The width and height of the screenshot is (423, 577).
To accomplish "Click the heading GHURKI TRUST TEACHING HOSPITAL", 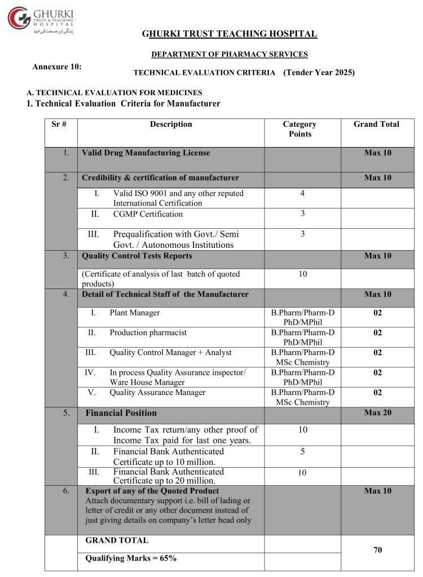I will pyautogui.click(x=230, y=34).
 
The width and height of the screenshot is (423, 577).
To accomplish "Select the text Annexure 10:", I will pyautogui.click(x=57, y=66).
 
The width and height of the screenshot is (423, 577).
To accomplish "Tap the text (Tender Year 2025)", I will pyautogui.click(x=319, y=72).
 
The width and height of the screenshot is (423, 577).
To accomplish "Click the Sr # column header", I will pyautogui.click(x=60, y=125).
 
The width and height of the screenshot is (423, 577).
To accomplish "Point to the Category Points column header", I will pyautogui.click(x=299, y=129).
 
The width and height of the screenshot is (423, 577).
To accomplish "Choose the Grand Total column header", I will pyautogui.click(x=376, y=125).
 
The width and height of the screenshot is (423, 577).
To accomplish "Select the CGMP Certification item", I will pyautogui.click(x=148, y=214).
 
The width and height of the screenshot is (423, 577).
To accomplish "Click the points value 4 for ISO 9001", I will pyautogui.click(x=302, y=193).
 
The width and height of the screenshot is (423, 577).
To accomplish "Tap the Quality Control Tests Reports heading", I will pyautogui.click(x=137, y=256).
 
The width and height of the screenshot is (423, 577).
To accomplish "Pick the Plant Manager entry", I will pyautogui.click(x=135, y=313).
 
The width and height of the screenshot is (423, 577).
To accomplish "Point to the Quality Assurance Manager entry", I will pyautogui.click(x=157, y=392).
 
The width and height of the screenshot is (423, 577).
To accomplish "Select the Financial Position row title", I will pyautogui.click(x=121, y=413).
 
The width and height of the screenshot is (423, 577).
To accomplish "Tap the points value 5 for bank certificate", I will pyautogui.click(x=302, y=451).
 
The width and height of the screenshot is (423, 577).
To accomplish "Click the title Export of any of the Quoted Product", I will pyautogui.click(x=152, y=491).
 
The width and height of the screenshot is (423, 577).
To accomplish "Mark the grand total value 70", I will pyautogui.click(x=377, y=550).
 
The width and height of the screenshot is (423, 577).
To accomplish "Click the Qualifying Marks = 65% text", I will pyautogui.click(x=131, y=558).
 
